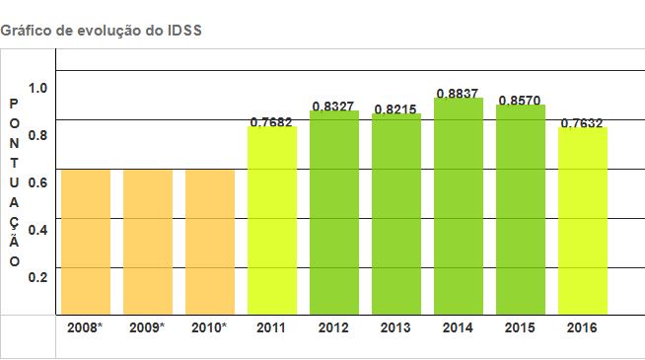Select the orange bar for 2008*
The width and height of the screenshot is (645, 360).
[x=86, y=242]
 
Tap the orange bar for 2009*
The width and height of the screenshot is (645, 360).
[x=148, y=242]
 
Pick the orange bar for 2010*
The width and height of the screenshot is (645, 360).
[x=210, y=242]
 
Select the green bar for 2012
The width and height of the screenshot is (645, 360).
[x=334, y=212]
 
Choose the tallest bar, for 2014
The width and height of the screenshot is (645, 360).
[x=459, y=206]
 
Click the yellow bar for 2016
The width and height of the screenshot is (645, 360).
[x=583, y=220]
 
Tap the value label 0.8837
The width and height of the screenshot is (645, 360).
[x=458, y=94]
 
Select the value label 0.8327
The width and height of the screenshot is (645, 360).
[x=333, y=106]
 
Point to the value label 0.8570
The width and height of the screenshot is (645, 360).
[x=520, y=101]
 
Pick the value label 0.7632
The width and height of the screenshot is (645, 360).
[x=582, y=123]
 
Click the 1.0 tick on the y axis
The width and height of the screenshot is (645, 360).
[x=37, y=88]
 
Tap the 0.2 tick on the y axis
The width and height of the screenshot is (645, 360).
[x=37, y=276]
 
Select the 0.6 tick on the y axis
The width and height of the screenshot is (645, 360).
[x=37, y=182]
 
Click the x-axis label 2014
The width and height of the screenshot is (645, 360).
[x=458, y=325]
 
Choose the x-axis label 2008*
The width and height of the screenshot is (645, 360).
[x=86, y=325]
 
